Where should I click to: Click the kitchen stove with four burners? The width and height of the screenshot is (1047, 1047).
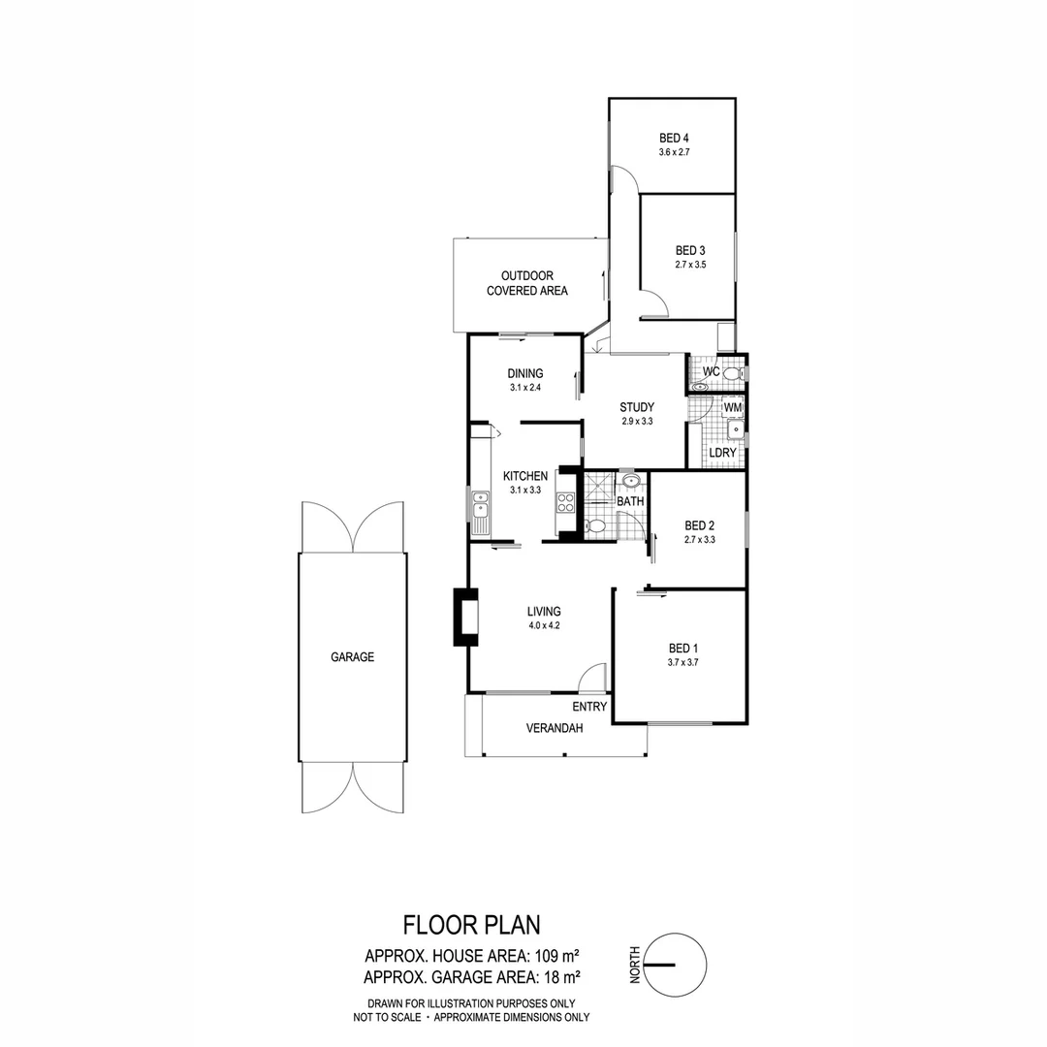point(564,502)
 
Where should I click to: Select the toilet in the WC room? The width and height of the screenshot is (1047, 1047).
point(731,373)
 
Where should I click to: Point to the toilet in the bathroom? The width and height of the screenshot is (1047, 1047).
point(596,526)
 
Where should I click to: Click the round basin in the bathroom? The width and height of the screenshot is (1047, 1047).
point(630,480)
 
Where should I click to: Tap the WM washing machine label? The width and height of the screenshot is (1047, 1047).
point(733,408)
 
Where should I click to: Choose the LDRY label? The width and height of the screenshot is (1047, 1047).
point(722,453)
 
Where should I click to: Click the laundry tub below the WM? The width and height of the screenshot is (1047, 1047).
point(735,428)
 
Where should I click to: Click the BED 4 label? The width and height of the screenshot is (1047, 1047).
point(674,138)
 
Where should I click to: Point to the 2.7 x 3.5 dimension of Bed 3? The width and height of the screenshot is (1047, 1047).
point(689,264)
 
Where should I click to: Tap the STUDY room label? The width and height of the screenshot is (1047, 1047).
point(637,407)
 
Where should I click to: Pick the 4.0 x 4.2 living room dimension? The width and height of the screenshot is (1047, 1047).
point(544,626)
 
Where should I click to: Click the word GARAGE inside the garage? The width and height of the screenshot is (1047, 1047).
point(352,657)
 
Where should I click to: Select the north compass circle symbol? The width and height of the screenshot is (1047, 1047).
point(673,965)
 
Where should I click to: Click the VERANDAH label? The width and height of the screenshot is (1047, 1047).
point(555,728)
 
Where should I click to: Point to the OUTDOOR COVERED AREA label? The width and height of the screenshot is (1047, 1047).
point(526,283)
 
